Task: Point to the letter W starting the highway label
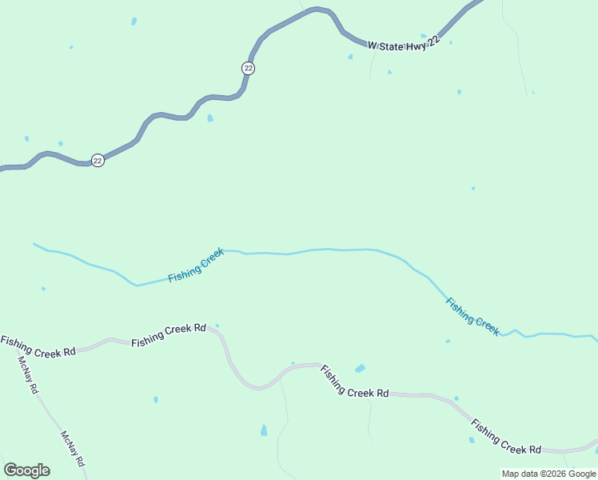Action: pos(372,46)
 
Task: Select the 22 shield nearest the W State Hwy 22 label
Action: pos(248,68)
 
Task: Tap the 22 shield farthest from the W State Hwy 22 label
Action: pos(98,160)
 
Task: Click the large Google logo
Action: pos(26,470)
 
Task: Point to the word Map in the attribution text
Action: pos(511,474)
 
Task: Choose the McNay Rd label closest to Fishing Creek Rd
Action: pos(28,374)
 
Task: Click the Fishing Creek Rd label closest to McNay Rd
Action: pos(38,347)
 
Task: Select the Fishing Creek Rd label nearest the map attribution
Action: pos(506,436)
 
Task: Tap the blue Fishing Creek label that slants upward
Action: pos(196,266)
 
